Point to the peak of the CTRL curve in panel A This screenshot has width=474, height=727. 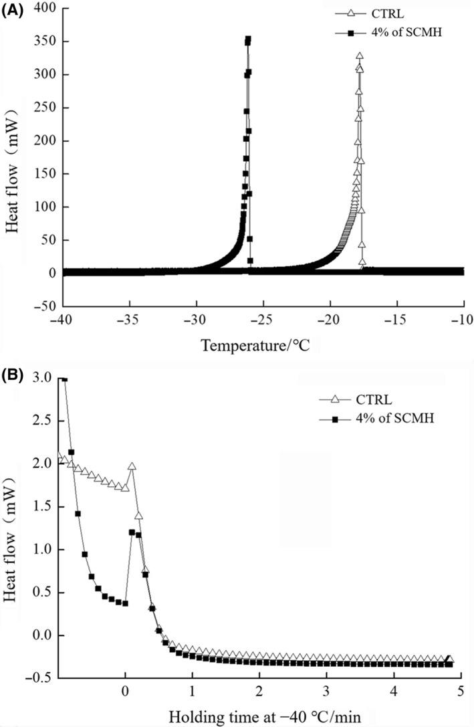(x=360, y=56)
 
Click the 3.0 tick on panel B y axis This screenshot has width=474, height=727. (x=41, y=378)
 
